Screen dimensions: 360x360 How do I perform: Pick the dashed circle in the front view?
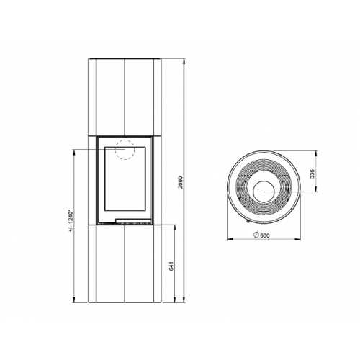(125, 148)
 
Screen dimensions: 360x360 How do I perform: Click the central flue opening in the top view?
(262, 191)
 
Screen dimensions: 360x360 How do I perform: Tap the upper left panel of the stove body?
(106, 95)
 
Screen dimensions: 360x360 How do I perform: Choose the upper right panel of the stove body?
(142, 95)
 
